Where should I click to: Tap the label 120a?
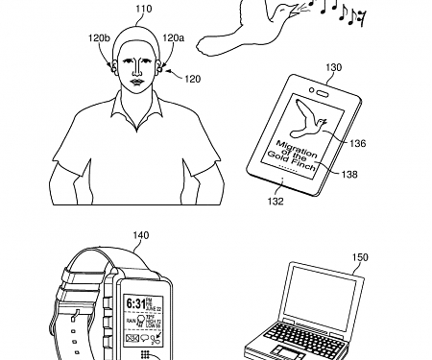(174, 37)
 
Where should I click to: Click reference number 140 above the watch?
(141, 235)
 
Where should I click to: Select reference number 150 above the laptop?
(333, 258)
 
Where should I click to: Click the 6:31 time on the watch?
(134, 303)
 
